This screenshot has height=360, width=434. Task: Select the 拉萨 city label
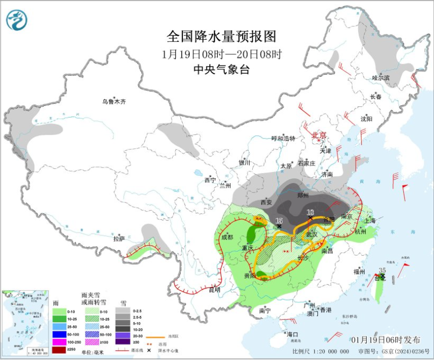coord(119,238)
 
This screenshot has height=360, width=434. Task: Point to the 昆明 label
coord(214,290)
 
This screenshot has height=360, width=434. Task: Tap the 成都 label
coord(227,237)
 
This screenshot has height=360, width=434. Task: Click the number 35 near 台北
coord(382,270)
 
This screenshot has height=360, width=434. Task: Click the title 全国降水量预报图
coord(222,37)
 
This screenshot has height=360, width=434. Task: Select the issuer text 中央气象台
coord(222,69)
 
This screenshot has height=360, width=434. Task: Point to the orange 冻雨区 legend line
coord(154,336)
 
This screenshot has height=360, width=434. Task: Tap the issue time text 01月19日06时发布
coord(386,340)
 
